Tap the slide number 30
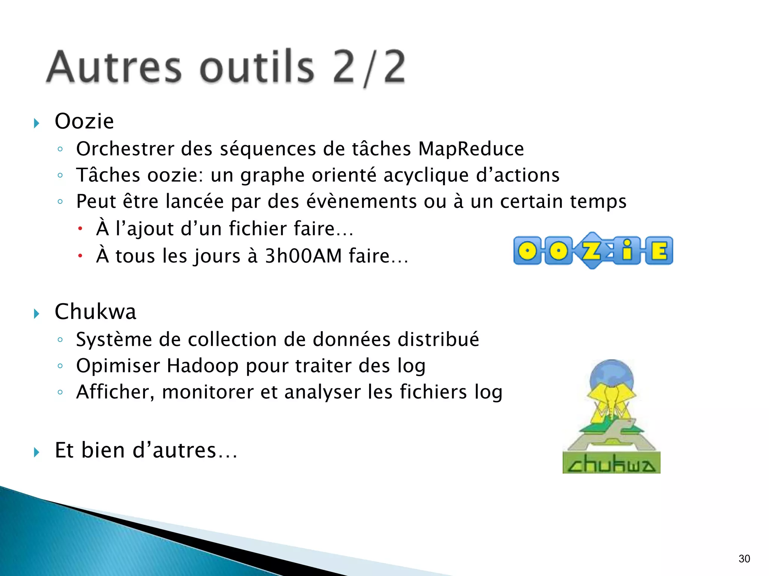(x=744, y=559)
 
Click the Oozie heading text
(x=84, y=121)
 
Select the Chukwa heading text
(x=95, y=312)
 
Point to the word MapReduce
(x=471, y=149)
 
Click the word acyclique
(x=426, y=175)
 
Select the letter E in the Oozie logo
(x=659, y=250)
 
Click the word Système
(x=114, y=340)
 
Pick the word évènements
(x=362, y=202)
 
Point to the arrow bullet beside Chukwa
(x=36, y=313)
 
